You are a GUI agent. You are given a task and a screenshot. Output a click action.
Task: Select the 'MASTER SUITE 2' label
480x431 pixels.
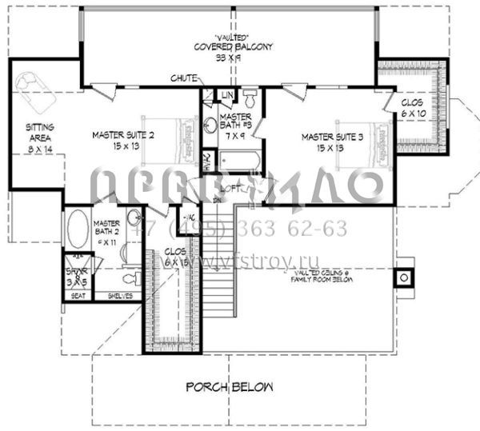(122, 135)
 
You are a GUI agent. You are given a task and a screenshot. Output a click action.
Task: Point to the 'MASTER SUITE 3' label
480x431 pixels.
(332, 137)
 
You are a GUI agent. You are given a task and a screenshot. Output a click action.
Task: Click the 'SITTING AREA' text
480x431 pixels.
(39, 132)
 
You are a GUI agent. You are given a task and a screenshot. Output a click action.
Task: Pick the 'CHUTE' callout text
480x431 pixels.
(183, 78)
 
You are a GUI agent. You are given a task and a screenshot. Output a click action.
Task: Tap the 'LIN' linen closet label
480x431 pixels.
(226, 96)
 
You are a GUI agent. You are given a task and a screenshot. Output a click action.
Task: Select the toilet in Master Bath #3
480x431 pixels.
(250, 99)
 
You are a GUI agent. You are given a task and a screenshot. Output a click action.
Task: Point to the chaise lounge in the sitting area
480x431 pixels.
(33, 89)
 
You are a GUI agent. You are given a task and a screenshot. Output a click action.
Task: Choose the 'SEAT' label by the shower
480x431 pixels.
(78, 295)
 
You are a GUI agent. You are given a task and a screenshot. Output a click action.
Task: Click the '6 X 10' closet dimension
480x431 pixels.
(413, 114)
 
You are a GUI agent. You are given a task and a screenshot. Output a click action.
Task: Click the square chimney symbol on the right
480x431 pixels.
(405, 277)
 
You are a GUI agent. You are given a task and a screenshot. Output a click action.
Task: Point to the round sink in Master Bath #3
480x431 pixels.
(210, 124)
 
